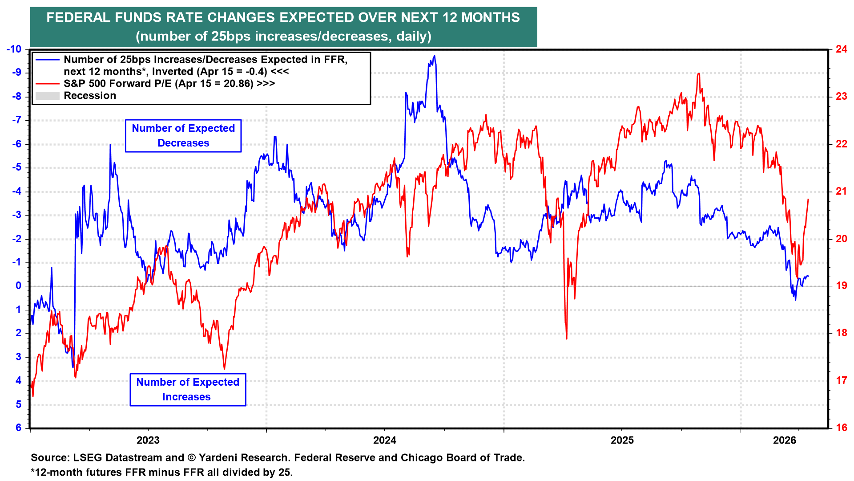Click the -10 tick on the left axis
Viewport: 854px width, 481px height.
[x=14, y=49]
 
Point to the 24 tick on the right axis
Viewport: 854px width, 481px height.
[x=841, y=49]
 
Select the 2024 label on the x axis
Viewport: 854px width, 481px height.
[x=385, y=440]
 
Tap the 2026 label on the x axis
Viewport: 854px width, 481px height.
[x=785, y=440]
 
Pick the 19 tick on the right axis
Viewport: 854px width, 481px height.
[x=841, y=286]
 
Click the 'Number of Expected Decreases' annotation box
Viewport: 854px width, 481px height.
[x=183, y=136]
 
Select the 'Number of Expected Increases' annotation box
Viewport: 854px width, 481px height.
[x=188, y=390]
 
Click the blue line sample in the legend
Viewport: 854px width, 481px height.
[x=48, y=60]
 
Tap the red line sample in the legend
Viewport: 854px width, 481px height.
[x=48, y=84]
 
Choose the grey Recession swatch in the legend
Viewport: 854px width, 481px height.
[x=48, y=96]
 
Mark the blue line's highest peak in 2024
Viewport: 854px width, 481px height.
[x=434, y=56]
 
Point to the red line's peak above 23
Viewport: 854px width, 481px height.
[x=699, y=74]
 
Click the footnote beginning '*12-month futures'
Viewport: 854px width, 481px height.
[x=161, y=472]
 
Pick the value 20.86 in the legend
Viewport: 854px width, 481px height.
[x=239, y=84]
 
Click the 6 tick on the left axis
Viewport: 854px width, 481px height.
[x=19, y=428]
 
